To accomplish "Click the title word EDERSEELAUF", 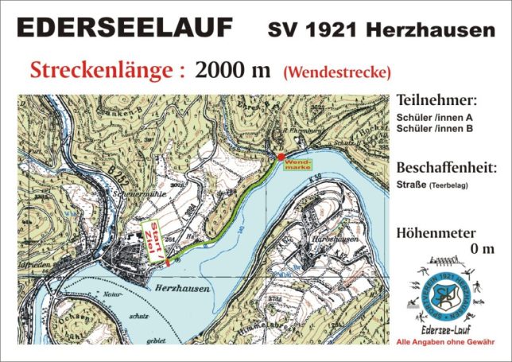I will (125, 29).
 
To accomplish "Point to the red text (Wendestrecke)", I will (336, 72).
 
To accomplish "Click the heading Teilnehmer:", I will (435, 101).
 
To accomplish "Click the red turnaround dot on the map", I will (280, 158).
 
